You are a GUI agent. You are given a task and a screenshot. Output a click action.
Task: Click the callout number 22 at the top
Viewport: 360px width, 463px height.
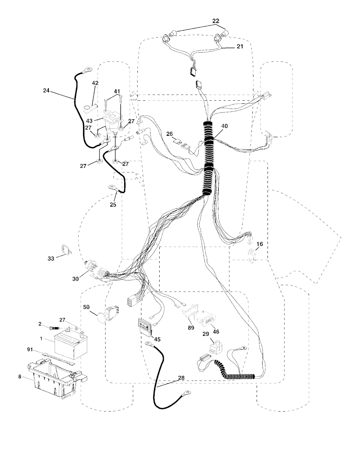[216, 21]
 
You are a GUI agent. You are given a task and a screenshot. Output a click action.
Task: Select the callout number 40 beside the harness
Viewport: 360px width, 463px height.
[224, 126]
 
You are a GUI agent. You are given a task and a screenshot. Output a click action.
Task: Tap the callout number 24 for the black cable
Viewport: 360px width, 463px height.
[46, 90]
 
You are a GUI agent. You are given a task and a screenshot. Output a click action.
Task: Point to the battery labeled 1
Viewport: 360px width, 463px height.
[71, 344]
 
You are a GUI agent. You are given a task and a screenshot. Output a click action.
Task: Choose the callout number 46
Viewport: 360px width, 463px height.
[216, 331]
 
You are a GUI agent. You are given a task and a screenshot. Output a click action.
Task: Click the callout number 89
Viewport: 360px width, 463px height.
[191, 328]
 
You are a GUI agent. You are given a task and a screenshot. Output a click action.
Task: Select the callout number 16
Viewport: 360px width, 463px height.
[259, 244]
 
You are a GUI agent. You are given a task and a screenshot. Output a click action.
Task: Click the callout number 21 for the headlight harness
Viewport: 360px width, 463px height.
[240, 46]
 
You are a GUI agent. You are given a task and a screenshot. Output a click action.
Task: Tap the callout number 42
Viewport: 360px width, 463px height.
[95, 83]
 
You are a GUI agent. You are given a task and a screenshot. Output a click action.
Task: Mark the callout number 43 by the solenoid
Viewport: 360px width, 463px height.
[89, 121]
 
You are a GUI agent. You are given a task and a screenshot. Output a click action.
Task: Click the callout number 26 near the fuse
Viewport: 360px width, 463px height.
[169, 134]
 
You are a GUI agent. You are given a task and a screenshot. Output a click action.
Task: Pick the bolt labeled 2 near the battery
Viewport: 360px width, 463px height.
[54, 328]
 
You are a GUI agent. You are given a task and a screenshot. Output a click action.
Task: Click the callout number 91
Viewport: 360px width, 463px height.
[30, 349]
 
